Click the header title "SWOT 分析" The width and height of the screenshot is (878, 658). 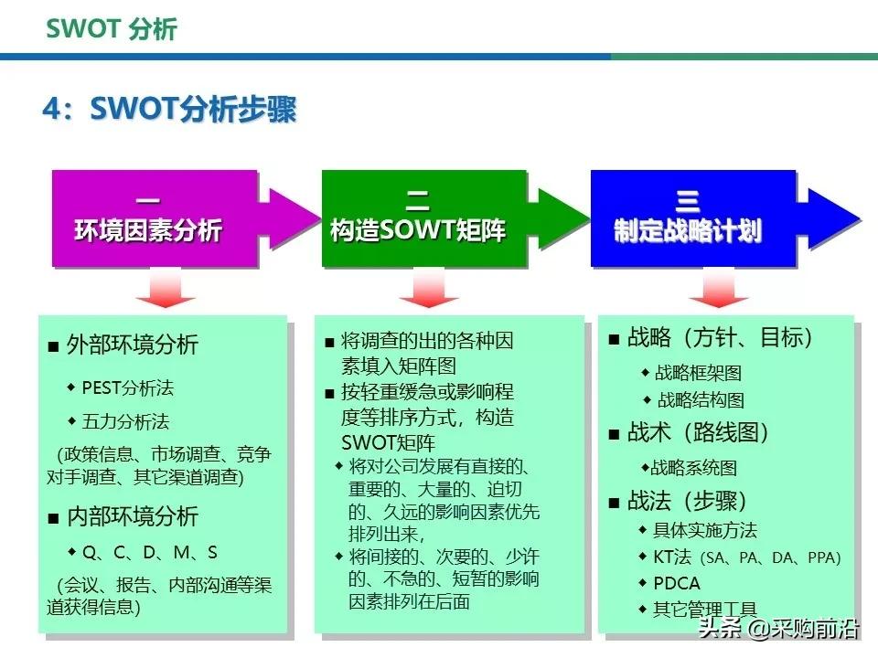pos(112,29)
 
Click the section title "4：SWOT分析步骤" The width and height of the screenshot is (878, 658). pos(169,110)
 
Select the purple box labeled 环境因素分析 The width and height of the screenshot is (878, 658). pos(148,218)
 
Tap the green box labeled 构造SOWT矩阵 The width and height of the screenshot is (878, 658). pos(418,218)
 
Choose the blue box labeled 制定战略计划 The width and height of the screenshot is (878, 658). pos(688,218)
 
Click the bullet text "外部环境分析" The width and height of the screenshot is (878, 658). pos(132,345)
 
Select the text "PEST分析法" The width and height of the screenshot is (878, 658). pos(127,387)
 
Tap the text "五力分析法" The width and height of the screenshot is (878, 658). pos(125,421)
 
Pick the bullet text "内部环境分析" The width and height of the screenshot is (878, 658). pos(132,516)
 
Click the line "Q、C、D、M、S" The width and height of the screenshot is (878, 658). pos(149,552)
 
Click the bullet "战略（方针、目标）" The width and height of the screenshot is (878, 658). pos(721,338)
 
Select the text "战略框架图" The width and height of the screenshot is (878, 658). pos(698,372)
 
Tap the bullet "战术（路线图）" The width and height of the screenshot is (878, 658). pos(699,433)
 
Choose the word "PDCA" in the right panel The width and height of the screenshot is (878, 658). pos(677,583)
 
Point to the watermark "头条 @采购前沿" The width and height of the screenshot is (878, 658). pos(777,630)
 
